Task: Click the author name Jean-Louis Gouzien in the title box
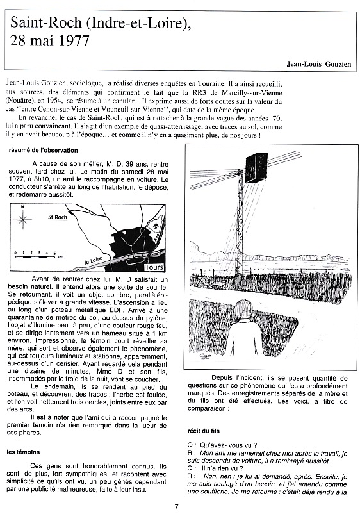pyautogui.click(x=319, y=64)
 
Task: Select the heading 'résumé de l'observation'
pyautogui.click(x=43, y=150)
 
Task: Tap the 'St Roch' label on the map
pyautogui.click(x=58, y=217)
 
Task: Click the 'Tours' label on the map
pyautogui.click(x=154, y=267)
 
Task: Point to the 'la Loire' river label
pyautogui.click(x=93, y=260)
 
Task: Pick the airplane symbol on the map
pyautogui.click(x=156, y=226)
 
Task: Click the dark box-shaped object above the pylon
pyautogui.click(x=256, y=167)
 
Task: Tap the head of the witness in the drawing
pyautogui.click(x=244, y=310)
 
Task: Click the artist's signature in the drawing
pyautogui.click(x=204, y=357)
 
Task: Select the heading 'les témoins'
pyautogui.click(x=23, y=452)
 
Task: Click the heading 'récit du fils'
pyautogui.click(x=204, y=431)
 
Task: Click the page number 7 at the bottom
pyautogui.click(x=176, y=507)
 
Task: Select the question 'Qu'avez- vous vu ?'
pyautogui.click(x=229, y=445)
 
